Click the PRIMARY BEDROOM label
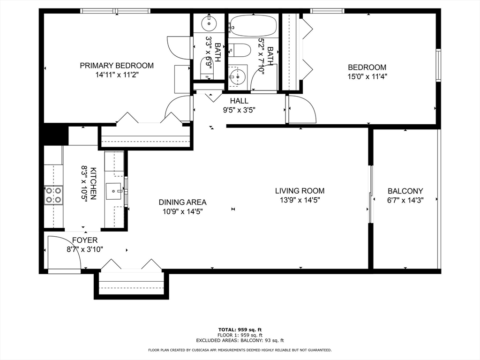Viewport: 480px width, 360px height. click(x=116, y=66)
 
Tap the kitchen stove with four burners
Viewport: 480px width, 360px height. click(x=53, y=195)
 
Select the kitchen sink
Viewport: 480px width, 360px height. click(x=114, y=191)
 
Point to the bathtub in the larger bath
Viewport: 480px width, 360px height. click(x=253, y=25)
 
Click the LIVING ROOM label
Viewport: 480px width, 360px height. click(x=300, y=191)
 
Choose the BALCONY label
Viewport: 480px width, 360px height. click(x=405, y=191)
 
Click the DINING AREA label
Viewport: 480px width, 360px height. click(x=182, y=202)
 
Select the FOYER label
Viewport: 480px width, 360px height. click(x=84, y=240)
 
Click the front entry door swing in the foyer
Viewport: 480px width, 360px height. click(x=63, y=252)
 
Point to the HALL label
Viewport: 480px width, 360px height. click(x=239, y=101)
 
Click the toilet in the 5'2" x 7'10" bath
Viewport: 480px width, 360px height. click(x=240, y=50)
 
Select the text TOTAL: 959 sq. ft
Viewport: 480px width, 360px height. click(x=240, y=330)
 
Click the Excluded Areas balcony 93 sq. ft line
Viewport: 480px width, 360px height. click(x=240, y=341)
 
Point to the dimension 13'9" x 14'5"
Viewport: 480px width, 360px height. click(x=300, y=200)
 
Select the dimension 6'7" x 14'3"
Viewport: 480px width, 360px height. click(x=405, y=200)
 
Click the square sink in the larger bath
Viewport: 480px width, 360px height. click(x=238, y=75)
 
